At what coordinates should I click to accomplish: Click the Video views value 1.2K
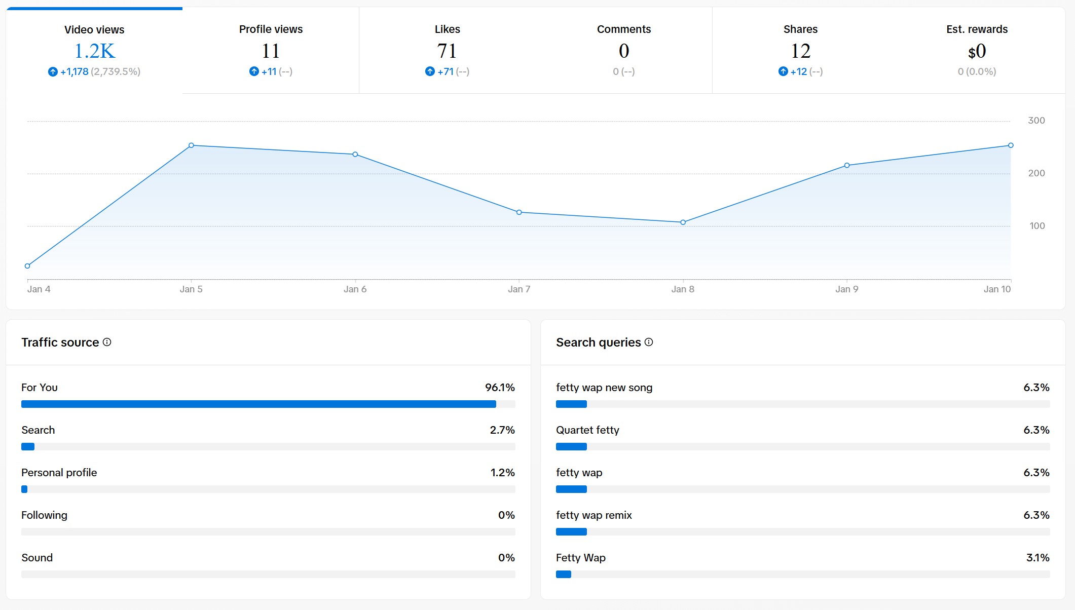tap(94, 51)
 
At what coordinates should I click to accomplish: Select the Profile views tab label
tap(271, 29)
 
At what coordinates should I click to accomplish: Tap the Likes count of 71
tap(447, 51)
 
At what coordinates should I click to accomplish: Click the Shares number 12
tap(800, 51)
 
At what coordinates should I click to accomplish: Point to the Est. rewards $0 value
tap(977, 51)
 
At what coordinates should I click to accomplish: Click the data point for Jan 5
tap(191, 145)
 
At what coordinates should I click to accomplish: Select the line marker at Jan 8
tap(683, 222)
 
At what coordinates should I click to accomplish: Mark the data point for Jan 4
tap(27, 266)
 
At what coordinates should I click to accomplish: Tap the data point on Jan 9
tap(847, 166)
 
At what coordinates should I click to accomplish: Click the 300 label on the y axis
tap(1036, 121)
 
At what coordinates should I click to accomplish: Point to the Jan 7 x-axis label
tap(519, 289)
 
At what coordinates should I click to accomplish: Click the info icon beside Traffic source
tap(107, 342)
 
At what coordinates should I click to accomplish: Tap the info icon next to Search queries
tap(649, 342)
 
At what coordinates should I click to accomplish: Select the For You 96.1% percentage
tap(500, 388)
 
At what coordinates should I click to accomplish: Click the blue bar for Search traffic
tap(28, 447)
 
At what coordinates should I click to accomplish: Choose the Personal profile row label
tap(59, 473)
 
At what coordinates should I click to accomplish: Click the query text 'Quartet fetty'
tap(587, 430)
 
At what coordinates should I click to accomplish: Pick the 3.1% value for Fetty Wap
tap(1037, 558)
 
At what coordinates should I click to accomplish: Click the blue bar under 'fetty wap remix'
tap(571, 532)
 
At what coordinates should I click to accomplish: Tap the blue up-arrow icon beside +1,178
tap(53, 72)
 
